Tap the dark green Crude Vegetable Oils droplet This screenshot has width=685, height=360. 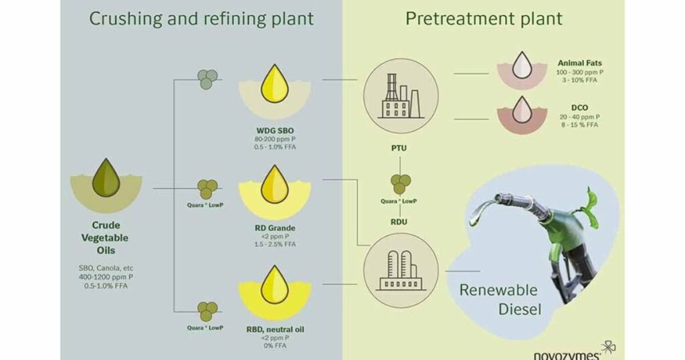(105, 177)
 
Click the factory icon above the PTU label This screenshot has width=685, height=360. (400, 97)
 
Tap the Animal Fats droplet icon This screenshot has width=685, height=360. (521, 67)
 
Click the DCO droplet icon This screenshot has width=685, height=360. (521, 110)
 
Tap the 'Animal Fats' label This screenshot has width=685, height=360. (579, 64)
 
